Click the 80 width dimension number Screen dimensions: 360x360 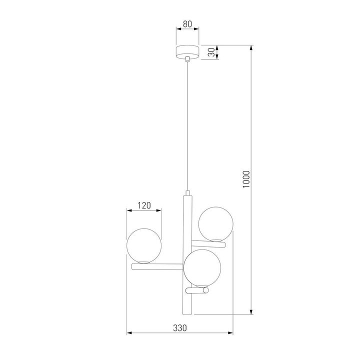coord(187,23)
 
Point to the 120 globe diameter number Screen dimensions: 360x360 coord(144,205)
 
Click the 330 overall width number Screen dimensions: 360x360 coord(180,328)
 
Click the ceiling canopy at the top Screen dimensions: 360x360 coord(187,52)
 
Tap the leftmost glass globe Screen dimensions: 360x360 coord(144,246)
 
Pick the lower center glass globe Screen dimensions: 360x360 coord(201,267)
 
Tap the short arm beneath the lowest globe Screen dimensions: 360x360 coord(198,289)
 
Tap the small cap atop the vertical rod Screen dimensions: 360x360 coord(187,193)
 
